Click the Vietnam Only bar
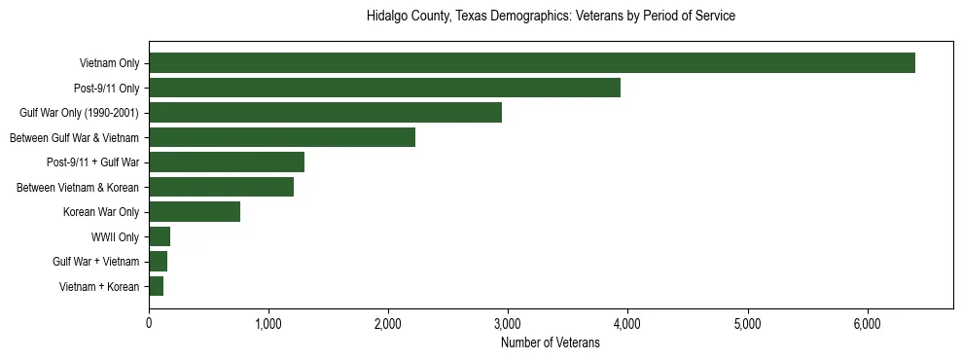[x=532, y=63]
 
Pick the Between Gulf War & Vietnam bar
[x=282, y=137]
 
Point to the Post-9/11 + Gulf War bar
[x=227, y=162]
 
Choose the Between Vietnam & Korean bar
[x=221, y=187]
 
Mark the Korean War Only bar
[x=195, y=212]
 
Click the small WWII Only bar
[x=160, y=236]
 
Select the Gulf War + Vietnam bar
[x=159, y=262]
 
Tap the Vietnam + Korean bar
[x=157, y=286]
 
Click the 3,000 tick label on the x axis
[x=508, y=323]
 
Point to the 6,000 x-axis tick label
[x=867, y=323]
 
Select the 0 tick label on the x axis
[x=149, y=323]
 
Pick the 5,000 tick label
[x=747, y=323]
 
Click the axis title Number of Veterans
[x=550, y=342]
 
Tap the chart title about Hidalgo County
[x=551, y=17]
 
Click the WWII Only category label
[x=115, y=236]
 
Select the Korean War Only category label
[x=101, y=212]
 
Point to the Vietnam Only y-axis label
[x=109, y=63]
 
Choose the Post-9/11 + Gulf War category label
[x=92, y=162]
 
